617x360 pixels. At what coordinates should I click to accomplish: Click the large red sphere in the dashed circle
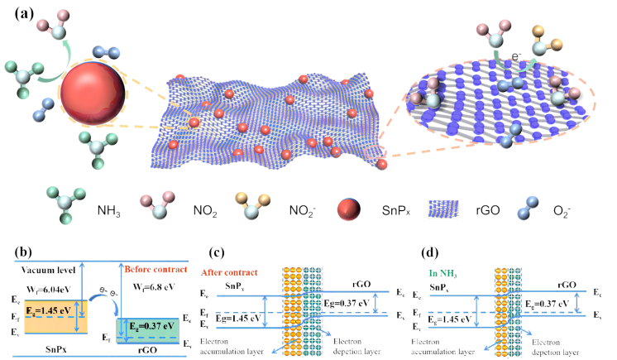tap(92, 93)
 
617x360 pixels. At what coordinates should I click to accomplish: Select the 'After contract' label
tap(229, 272)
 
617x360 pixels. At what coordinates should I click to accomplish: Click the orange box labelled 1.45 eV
tap(55, 311)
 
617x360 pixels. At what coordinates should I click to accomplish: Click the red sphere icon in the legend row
tap(348, 209)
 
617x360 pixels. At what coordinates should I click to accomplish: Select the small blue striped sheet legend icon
tap(443, 209)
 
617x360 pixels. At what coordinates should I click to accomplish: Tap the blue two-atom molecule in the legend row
tap(527, 208)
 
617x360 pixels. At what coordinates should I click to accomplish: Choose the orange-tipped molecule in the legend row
tap(251, 206)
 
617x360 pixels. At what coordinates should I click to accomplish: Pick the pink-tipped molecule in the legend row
tap(157, 204)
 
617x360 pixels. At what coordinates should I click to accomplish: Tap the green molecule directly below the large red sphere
tap(97, 147)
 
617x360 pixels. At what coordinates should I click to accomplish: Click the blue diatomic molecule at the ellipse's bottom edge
tap(510, 136)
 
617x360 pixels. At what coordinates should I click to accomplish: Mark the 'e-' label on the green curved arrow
tap(515, 56)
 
